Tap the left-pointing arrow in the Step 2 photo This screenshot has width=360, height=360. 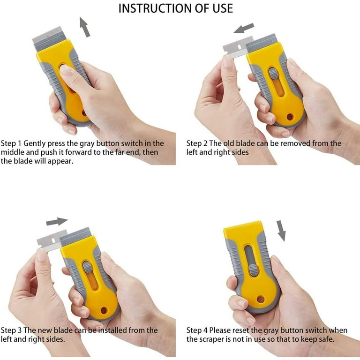coord(244,28)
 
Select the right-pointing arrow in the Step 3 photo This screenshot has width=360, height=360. coord(57,221)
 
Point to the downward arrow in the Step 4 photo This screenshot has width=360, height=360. coord(281,231)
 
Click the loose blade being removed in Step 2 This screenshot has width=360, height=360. coord(236,47)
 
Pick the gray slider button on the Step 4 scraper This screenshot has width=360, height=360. coord(253,270)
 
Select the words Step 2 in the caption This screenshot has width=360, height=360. coord(197,143)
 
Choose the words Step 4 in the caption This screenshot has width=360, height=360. coord(197,330)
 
